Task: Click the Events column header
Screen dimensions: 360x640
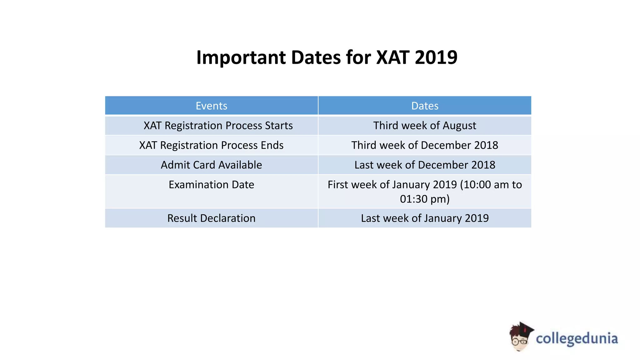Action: (x=211, y=106)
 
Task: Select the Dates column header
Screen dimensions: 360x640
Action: (x=425, y=106)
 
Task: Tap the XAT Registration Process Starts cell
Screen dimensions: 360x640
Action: (x=218, y=126)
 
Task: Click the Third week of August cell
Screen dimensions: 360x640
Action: (x=425, y=126)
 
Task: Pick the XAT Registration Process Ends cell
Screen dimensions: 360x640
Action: (x=211, y=145)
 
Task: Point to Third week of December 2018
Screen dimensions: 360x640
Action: (x=425, y=145)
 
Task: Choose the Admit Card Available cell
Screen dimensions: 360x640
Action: (x=211, y=165)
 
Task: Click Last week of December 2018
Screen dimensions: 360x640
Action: (x=425, y=165)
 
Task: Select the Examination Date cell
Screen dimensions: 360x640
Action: (x=211, y=185)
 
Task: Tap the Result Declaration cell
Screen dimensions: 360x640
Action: (x=211, y=218)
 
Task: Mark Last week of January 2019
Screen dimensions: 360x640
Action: (x=425, y=218)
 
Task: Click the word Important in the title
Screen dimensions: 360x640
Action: (x=241, y=57)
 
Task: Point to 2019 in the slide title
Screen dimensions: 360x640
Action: (x=436, y=57)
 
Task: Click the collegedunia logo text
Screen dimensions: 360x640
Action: (x=577, y=339)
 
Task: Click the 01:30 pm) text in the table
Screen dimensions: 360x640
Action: (x=425, y=199)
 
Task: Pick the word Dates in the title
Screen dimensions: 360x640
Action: (x=316, y=57)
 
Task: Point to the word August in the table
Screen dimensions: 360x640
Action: (x=459, y=126)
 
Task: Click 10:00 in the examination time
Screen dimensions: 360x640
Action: (x=477, y=185)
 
